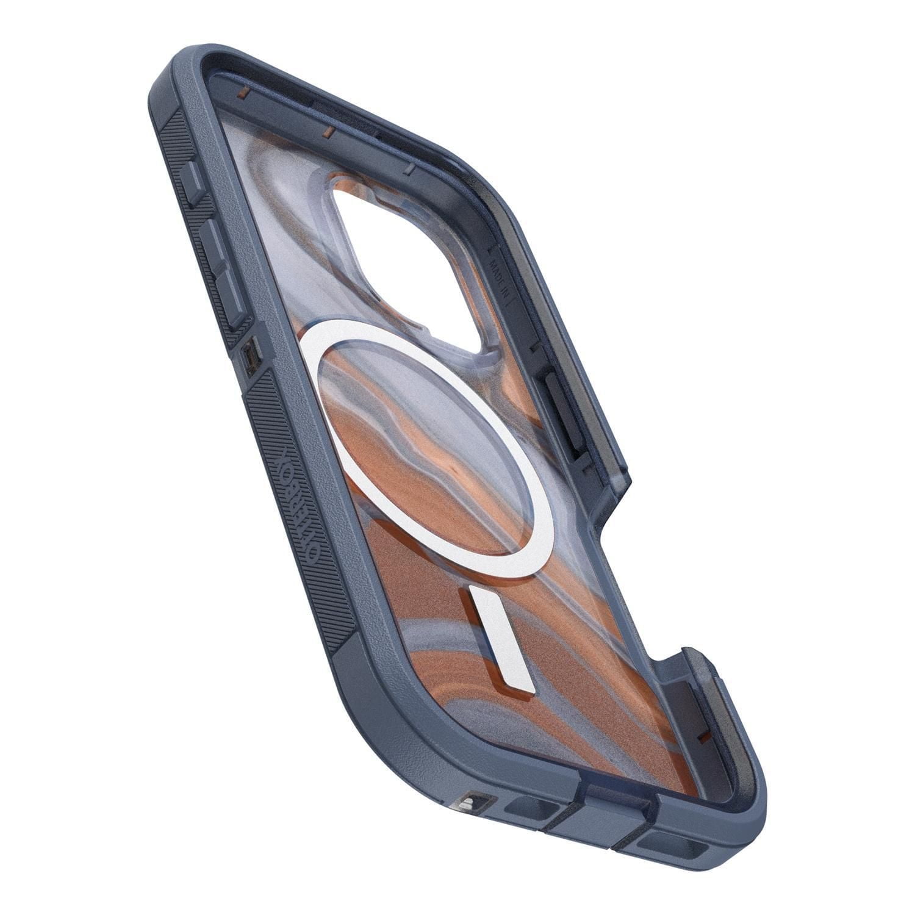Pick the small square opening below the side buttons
(x=250, y=356)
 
